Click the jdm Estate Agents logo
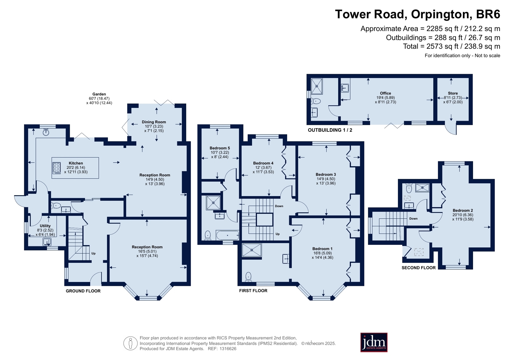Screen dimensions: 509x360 pos(374,342)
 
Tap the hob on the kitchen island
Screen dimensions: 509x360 pos(57,168)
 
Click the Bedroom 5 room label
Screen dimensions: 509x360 pos(220,148)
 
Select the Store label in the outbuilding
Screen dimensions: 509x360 pos(453,93)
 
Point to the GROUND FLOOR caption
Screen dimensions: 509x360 pos(83,291)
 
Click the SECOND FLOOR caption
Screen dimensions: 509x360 pos(419,268)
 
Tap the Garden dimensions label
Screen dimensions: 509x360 pos(99,98)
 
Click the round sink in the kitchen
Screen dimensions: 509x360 pos(46,132)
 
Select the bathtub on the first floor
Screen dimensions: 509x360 pos(228,235)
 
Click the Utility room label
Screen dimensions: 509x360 pos(45,226)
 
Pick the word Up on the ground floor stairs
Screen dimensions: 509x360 pos(93,253)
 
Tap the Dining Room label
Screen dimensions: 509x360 pos(154,122)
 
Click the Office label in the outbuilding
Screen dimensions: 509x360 pos(385,93)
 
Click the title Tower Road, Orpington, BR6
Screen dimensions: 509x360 pos(417,14)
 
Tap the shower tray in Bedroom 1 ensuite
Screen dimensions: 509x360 pos(252,250)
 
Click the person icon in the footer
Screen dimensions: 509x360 pos(131,343)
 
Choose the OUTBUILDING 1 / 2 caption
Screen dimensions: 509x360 pos(330,130)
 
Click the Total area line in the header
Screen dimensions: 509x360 pos(451,46)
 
